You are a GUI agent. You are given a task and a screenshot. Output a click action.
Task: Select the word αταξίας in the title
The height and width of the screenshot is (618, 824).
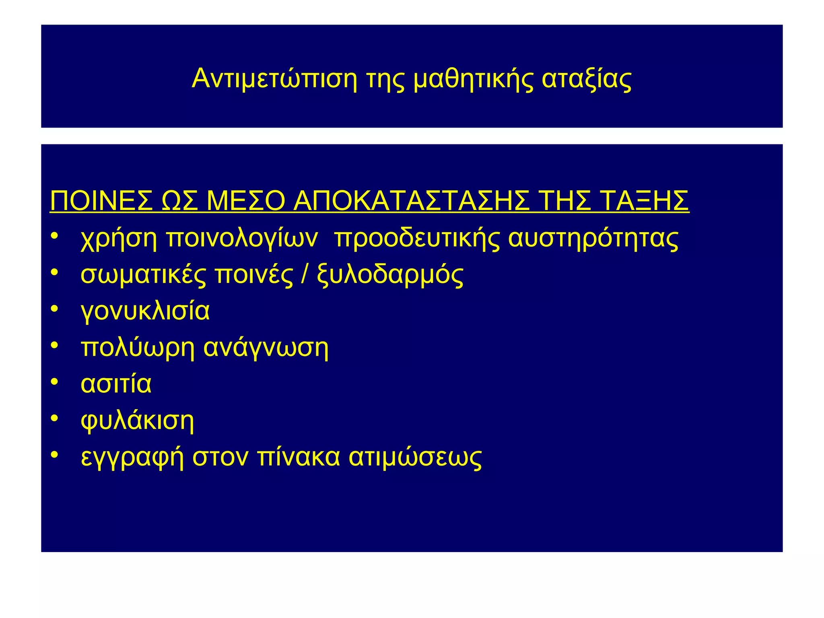[587, 79]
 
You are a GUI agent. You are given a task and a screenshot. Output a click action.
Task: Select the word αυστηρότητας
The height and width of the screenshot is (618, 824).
[593, 239]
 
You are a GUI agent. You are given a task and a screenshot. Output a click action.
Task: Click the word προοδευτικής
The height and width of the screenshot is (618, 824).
[417, 239]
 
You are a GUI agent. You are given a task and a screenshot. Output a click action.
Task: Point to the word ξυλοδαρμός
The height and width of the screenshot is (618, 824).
[390, 276]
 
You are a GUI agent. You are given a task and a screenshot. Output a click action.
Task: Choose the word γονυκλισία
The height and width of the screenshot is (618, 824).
[145, 311]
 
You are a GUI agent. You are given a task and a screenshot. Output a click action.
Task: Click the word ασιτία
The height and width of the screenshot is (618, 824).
[116, 384]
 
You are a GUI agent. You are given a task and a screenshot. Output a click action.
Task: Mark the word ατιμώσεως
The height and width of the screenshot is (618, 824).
[415, 457]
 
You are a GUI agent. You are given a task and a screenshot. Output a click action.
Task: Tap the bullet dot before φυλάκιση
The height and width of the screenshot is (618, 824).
[55, 418]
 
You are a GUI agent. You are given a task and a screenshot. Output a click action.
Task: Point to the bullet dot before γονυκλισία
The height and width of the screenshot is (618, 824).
[55, 309]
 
